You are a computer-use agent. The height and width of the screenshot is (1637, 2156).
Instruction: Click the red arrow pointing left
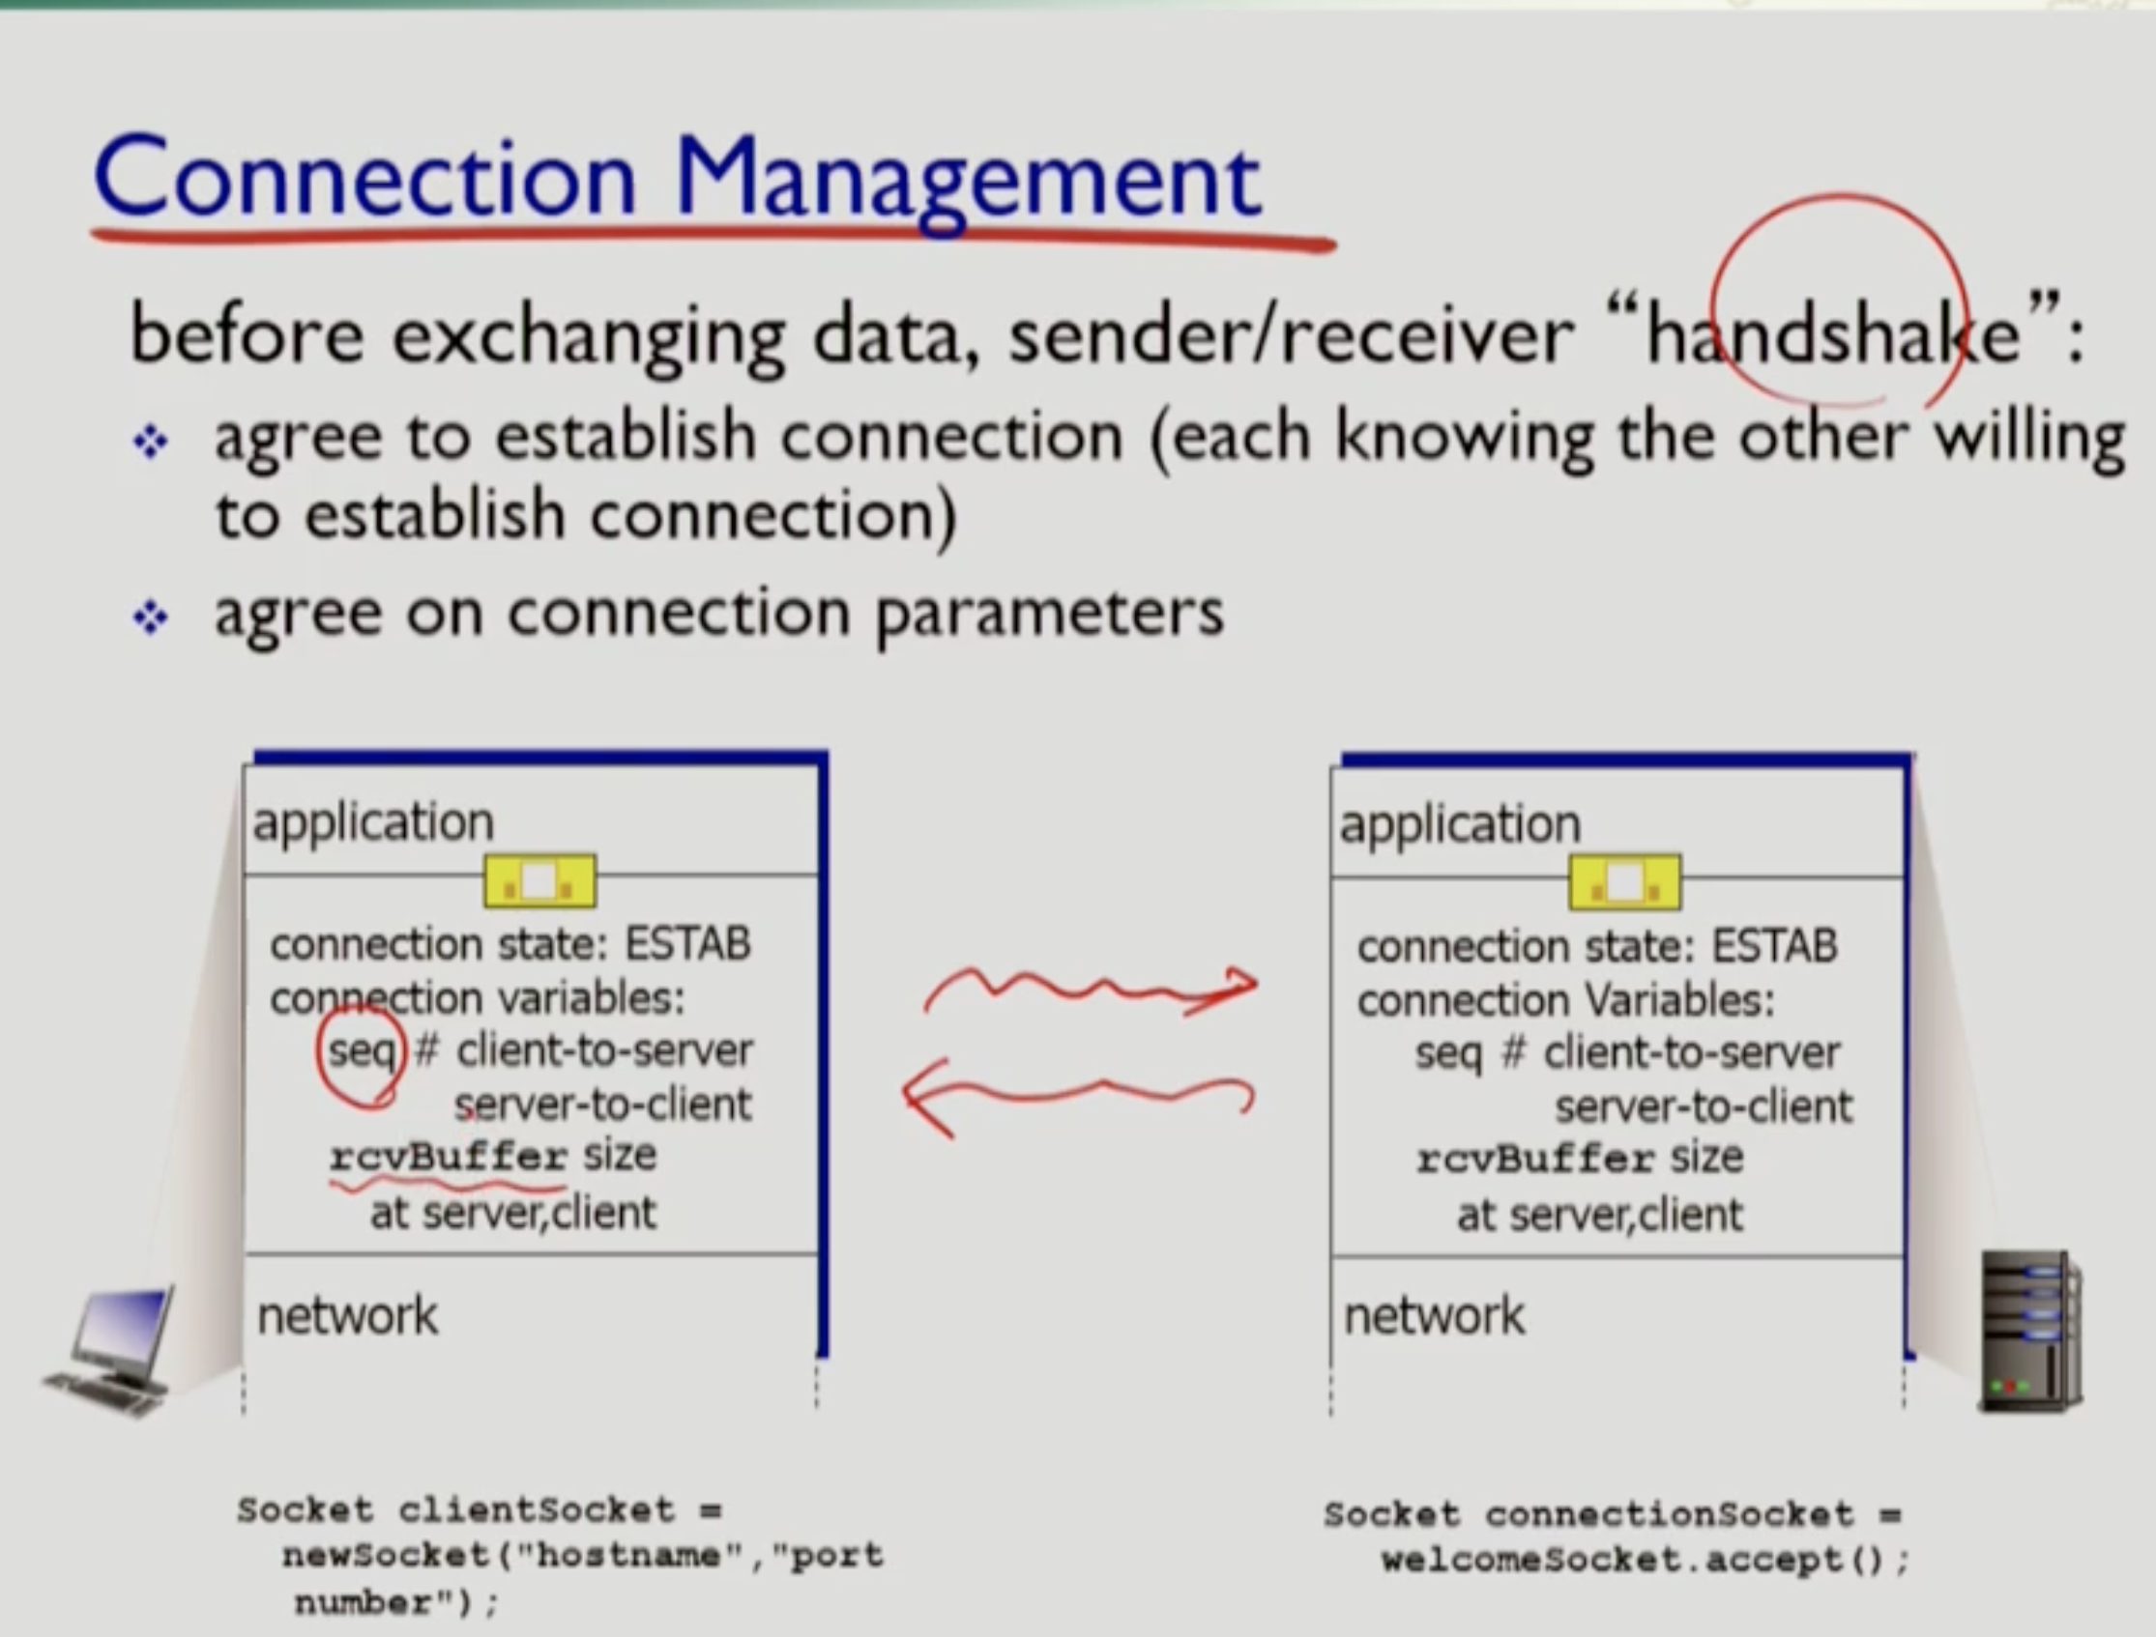click(x=1077, y=1096)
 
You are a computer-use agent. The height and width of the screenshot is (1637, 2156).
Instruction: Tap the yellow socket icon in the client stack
click(x=540, y=881)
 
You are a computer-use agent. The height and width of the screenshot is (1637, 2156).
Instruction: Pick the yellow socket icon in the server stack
click(x=1625, y=883)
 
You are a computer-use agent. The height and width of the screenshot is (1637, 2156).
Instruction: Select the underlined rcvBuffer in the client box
click(x=449, y=1157)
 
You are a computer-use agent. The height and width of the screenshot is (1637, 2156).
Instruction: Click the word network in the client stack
click(x=347, y=1315)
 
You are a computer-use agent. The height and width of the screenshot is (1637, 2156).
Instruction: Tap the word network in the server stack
click(x=1434, y=1315)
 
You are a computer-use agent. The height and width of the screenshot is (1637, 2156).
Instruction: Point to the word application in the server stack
click(x=1459, y=824)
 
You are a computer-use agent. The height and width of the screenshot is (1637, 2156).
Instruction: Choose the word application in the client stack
click(x=373, y=822)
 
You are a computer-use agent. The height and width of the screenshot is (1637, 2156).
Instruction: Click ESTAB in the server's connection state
click(x=1774, y=946)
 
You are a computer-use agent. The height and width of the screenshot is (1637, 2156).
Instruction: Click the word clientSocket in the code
click(x=536, y=1510)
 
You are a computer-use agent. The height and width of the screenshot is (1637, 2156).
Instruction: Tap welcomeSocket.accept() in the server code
click(x=1646, y=1560)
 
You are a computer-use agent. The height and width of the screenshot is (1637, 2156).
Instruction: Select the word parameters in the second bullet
click(x=1049, y=614)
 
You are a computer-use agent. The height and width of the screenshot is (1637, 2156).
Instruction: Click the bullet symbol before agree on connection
click(x=150, y=617)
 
